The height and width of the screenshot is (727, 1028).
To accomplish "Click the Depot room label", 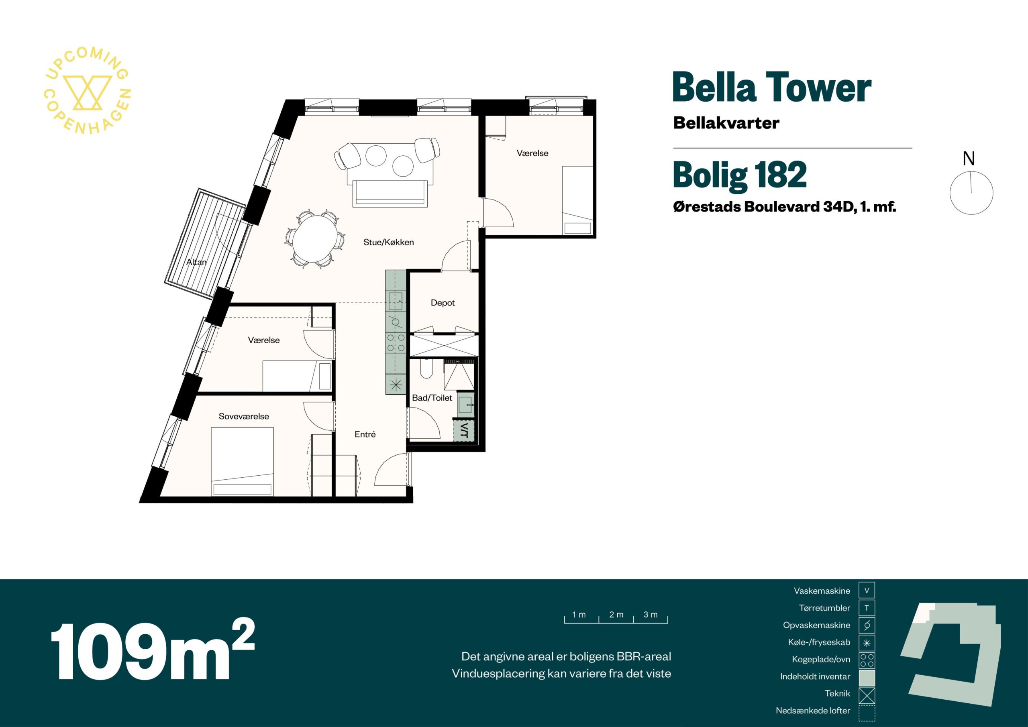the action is coord(443,303).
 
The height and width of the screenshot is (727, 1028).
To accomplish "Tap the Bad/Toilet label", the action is coord(432,397).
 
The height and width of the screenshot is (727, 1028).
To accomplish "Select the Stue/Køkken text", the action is coord(389,242).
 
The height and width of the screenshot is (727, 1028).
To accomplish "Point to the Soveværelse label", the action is coord(244,416).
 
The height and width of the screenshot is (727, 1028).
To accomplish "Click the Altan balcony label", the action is coord(196,262).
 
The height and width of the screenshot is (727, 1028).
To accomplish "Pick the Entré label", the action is coord(365,434).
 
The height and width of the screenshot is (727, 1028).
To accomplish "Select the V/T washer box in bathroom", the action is coord(464,431).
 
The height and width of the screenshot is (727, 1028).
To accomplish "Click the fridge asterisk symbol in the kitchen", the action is coord(396,385).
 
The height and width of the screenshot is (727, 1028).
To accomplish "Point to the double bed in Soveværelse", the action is coord(242,462).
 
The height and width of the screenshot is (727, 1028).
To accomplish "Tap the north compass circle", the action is coord(971,193).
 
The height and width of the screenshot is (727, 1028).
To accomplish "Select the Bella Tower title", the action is coord(772,88).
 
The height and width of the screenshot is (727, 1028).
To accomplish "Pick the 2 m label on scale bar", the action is coord(616,615).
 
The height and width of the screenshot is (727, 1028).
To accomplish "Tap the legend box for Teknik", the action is coord(867,695).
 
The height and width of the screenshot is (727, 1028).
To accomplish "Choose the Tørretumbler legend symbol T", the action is coord(867,608).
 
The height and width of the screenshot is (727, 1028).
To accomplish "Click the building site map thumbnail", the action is coord(951,657).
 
